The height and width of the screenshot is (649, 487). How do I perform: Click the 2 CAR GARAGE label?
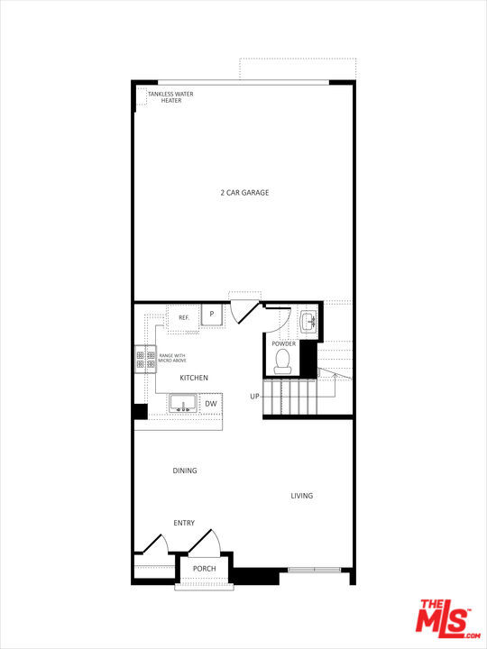point(244,192)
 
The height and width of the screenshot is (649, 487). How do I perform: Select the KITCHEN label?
point(194,378)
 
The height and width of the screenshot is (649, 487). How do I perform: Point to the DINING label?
point(185,471)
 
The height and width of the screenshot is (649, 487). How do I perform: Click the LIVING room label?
point(301,496)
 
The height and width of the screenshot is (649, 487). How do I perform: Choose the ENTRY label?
point(184,523)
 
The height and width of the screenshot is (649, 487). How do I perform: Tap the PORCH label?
point(204,569)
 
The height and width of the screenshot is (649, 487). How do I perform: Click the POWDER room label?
point(283,343)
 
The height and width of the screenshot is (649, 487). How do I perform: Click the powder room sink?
point(308,320)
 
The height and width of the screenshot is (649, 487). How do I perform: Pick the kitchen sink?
point(182,404)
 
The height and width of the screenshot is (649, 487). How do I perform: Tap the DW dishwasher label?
point(210,404)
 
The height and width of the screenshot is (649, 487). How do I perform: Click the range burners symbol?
point(144,361)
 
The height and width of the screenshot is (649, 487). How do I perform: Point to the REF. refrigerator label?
point(183,317)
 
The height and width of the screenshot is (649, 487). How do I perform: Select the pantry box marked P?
point(211,315)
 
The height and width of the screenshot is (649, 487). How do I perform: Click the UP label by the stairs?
point(255,397)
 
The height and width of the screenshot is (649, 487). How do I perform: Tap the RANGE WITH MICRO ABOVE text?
point(172,359)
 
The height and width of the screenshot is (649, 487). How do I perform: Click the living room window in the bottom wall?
point(314,569)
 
